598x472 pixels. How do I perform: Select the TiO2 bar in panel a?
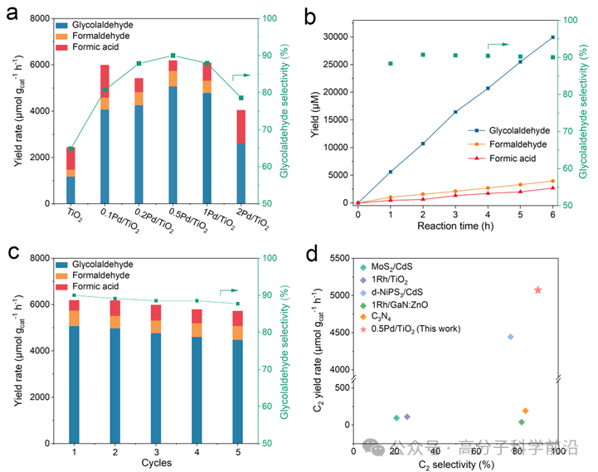coord(70,175)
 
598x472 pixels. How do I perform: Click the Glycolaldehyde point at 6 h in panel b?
coord(552,37)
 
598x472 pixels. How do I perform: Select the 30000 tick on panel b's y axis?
coord(333,36)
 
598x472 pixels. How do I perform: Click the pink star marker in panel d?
coord(537,290)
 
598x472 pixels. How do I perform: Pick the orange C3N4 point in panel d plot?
coord(525,411)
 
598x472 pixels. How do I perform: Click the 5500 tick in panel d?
coord(334,259)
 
